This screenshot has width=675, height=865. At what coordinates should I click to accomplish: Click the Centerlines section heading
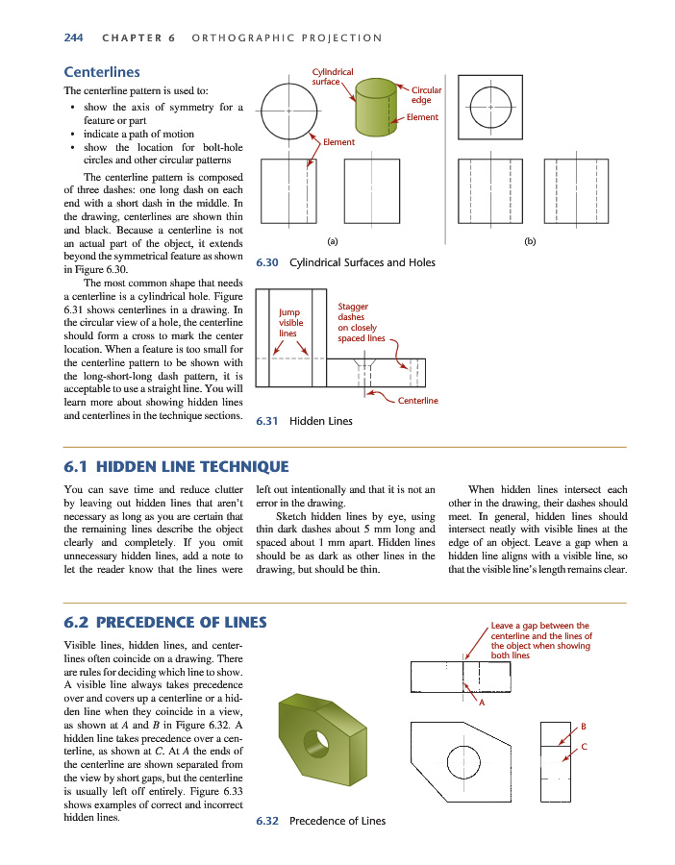pyautogui.click(x=101, y=72)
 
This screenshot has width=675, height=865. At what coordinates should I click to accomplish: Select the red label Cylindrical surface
pyautogui.click(x=333, y=77)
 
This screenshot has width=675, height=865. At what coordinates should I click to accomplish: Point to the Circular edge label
pyautogui.click(x=426, y=94)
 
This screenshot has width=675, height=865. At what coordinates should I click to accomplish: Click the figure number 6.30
pyautogui.click(x=267, y=262)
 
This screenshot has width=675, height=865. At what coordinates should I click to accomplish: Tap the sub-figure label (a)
pyautogui.click(x=333, y=241)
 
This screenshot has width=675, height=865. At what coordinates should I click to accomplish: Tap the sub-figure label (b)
pyautogui.click(x=530, y=241)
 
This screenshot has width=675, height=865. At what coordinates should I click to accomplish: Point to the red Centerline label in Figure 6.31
pyautogui.click(x=418, y=400)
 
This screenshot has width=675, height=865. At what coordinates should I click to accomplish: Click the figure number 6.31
pyautogui.click(x=266, y=421)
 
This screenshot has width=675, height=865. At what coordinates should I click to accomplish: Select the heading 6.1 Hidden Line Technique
pyautogui.click(x=176, y=467)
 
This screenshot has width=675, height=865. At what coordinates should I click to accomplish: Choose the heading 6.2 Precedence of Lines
pyautogui.click(x=164, y=622)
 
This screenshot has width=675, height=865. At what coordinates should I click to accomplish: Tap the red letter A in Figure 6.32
pyautogui.click(x=481, y=701)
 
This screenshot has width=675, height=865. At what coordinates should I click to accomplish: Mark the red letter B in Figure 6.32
pyautogui.click(x=584, y=726)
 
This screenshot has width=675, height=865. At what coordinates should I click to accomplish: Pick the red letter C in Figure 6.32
pyautogui.click(x=584, y=746)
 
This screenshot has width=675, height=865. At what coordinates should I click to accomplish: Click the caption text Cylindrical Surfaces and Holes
pyautogui.click(x=362, y=262)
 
